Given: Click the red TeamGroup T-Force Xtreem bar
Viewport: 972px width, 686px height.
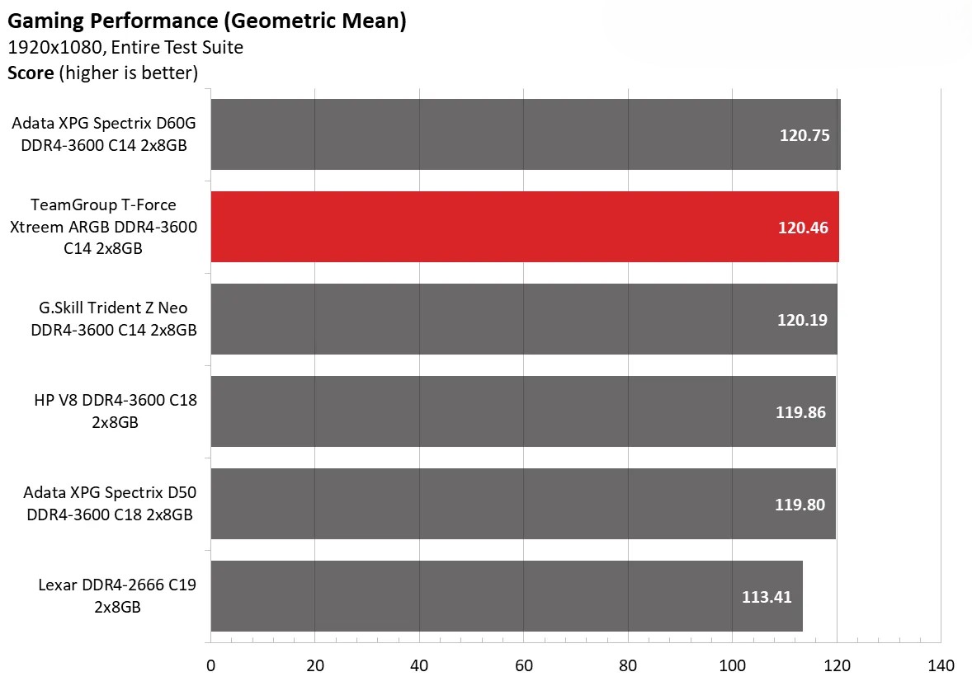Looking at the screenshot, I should click(x=495, y=227).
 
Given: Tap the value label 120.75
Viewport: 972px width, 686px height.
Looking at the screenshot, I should click(x=804, y=135).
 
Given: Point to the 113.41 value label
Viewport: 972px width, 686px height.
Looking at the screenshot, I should click(x=767, y=597).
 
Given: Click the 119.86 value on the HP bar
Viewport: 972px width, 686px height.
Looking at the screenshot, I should click(x=800, y=412).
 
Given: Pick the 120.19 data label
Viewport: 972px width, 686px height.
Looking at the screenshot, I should click(x=801, y=320).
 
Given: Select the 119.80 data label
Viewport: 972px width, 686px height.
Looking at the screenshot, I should click(x=800, y=505).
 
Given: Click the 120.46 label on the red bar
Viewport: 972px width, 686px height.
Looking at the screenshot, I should click(x=802, y=228).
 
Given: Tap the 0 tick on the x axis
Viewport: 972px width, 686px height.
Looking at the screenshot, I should click(x=210, y=666).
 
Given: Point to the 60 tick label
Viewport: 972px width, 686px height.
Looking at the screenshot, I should click(x=524, y=666).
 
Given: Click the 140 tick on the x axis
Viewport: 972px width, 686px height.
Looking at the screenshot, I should click(x=941, y=666).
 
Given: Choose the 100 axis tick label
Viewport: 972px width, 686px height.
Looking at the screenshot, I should click(x=733, y=666).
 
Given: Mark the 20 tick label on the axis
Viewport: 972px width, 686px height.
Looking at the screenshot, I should click(x=314, y=666).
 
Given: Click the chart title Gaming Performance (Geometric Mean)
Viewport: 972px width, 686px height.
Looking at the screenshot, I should click(x=206, y=21).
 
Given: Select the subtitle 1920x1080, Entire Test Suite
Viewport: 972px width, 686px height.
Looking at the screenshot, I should click(x=125, y=48).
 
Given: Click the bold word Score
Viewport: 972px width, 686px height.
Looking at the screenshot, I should click(x=31, y=73).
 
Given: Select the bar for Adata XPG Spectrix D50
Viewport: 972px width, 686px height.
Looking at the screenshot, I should click(x=495, y=504).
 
